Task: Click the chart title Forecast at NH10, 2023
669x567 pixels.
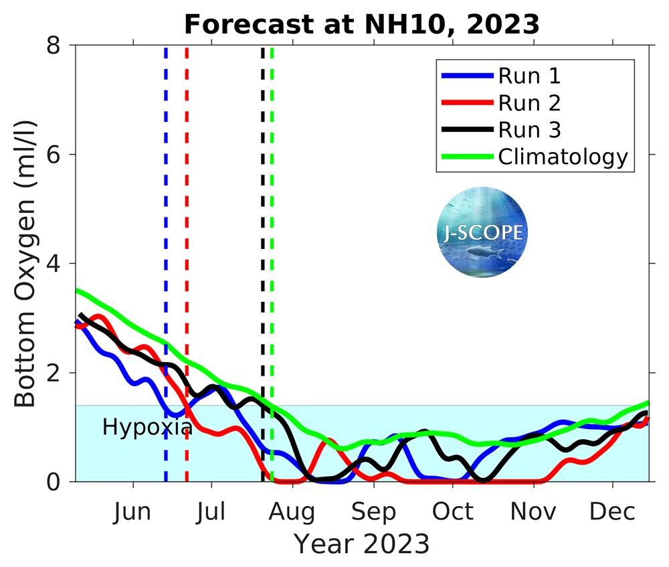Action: (x=361, y=24)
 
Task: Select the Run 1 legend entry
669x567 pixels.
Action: (x=529, y=76)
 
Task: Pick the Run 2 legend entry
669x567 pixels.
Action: (x=529, y=103)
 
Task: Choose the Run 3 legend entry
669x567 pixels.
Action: (x=529, y=130)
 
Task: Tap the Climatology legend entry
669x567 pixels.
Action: (x=563, y=157)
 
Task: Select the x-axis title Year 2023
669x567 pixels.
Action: (x=361, y=544)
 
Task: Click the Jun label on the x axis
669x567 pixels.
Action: (x=131, y=513)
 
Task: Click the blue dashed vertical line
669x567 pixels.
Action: (x=166, y=201)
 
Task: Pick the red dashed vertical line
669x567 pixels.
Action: (x=187, y=201)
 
